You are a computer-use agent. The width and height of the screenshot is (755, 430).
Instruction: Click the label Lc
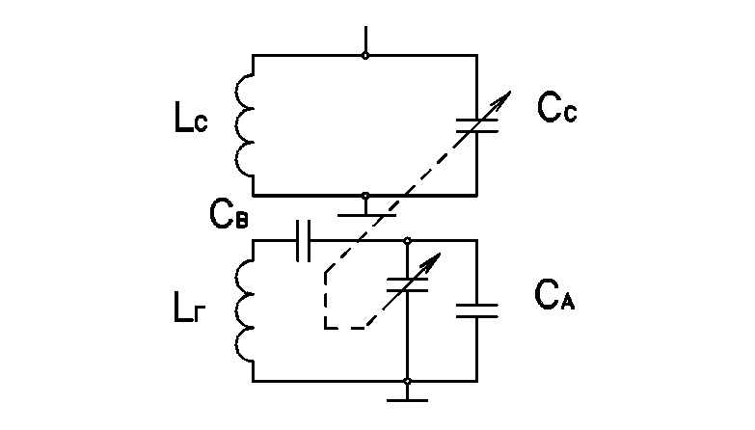pyautogui.click(x=191, y=118)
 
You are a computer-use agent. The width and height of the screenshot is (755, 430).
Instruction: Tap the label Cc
pyautogui.click(x=556, y=107)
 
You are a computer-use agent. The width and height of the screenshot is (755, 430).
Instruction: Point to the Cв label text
pyautogui.click(x=229, y=214)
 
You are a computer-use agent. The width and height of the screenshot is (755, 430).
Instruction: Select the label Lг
pyautogui.click(x=189, y=308)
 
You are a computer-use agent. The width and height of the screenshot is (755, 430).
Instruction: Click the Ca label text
pyautogui.click(x=554, y=295)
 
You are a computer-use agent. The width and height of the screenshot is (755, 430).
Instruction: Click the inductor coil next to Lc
pyautogui.click(x=244, y=125)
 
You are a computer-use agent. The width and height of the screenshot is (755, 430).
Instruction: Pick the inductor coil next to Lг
pyautogui.click(x=244, y=311)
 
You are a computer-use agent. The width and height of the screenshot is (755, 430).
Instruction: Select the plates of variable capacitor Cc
pyautogui.click(x=477, y=125)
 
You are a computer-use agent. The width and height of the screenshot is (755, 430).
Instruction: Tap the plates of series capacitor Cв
pyautogui.click(x=304, y=241)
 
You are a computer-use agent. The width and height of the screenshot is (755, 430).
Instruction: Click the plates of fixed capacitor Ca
pyautogui.click(x=477, y=310)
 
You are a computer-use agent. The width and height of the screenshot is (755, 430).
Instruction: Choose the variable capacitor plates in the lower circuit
pyautogui.click(x=407, y=284)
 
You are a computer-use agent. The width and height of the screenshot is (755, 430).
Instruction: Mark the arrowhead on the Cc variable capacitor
pyautogui.click(x=503, y=98)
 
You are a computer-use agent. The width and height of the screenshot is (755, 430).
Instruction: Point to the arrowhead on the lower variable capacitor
pyautogui.click(x=433, y=260)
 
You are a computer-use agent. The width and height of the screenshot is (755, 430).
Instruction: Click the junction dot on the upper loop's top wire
pyautogui.click(x=365, y=56)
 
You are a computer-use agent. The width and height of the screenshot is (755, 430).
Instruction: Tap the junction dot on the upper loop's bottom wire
pyautogui.click(x=365, y=196)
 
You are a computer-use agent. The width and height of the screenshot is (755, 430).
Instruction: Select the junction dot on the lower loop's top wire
pyautogui.click(x=407, y=240)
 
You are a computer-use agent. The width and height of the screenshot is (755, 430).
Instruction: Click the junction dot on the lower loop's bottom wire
pyautogui.click(x=407, y=382)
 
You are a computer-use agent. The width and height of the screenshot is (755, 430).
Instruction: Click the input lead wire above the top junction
pyautogui.click(x=366, y=40)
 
